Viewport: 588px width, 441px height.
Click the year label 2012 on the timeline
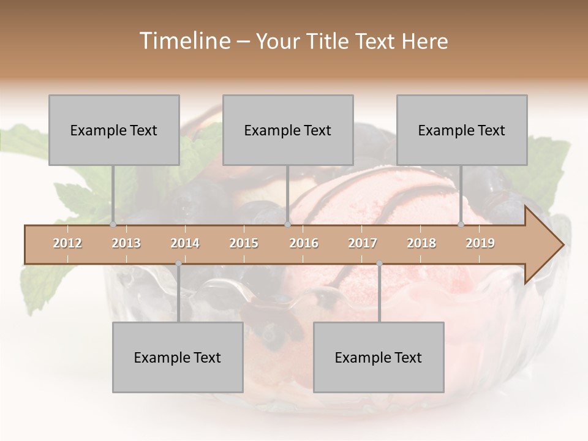pos(67,243)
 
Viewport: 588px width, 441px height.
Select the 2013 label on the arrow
pos(126,243)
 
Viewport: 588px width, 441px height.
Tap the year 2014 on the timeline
pos(185,243)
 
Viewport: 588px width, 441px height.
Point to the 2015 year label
pos(244,243)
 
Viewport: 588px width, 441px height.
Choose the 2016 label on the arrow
pos(304,243)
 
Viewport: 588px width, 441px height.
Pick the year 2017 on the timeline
pos(363,243)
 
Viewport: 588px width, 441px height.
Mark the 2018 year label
pos(421,243)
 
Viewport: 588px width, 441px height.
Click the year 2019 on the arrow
pos(480,243)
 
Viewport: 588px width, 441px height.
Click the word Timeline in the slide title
pos(183,41)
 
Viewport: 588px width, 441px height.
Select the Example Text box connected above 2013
pos(114,130)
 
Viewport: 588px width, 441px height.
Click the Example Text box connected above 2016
pos(288,130)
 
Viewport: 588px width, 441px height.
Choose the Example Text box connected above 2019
pos(462,130)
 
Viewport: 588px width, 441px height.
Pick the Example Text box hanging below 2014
pos(178,357)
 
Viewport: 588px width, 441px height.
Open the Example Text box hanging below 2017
pos(379,357)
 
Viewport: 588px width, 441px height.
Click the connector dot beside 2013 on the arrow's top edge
pos(113,224)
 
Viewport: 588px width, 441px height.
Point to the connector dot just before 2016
pos(288,224)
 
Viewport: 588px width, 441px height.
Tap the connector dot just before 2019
pos(461,224)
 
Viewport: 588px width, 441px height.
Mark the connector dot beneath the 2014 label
pos(178,264)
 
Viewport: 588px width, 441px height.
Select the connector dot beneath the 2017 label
pos(379,264)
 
